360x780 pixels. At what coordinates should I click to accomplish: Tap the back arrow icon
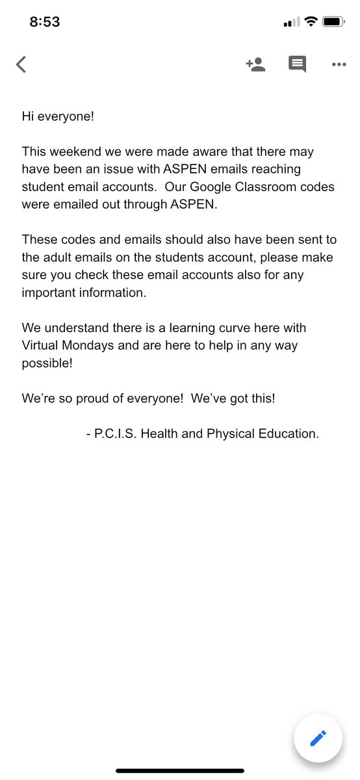point(21,64)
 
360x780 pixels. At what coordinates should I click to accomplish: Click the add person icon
point(255,64)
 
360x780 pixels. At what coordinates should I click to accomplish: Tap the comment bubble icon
point(297,64)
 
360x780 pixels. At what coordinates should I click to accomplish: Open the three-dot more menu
point(339,64)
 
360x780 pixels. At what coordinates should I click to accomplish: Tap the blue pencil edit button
point(317,738)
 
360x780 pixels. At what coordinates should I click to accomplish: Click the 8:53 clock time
point(45,22)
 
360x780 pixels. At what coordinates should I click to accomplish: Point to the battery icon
point(333,22)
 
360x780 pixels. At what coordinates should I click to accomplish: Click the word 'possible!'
point(47,362)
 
